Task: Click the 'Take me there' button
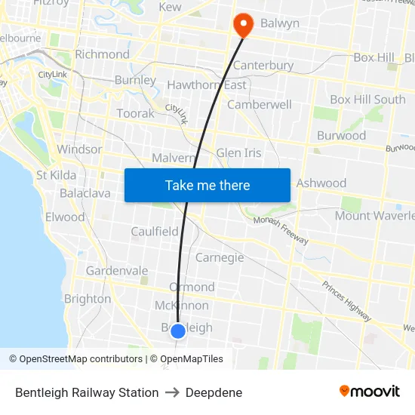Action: [207, 185]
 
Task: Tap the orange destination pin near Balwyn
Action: [243, 26]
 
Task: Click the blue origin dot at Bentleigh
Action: [178, 330]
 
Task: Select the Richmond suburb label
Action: [103, 54]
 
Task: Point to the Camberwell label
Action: [259, 105]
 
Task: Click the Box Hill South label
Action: [367, 100]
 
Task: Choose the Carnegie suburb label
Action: [220, 257]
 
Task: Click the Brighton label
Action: [88, 299]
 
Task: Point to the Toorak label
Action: [135, 113]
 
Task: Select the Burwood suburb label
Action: [342, 136]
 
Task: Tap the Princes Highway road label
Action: [346, 301]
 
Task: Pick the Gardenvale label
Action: [117, 271]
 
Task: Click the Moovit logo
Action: [370, 391]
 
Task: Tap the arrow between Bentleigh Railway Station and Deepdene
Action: [172, 392]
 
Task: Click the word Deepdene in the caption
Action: [214, 392]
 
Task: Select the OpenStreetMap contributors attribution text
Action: [81, 359]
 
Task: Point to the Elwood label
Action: [65, 217]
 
